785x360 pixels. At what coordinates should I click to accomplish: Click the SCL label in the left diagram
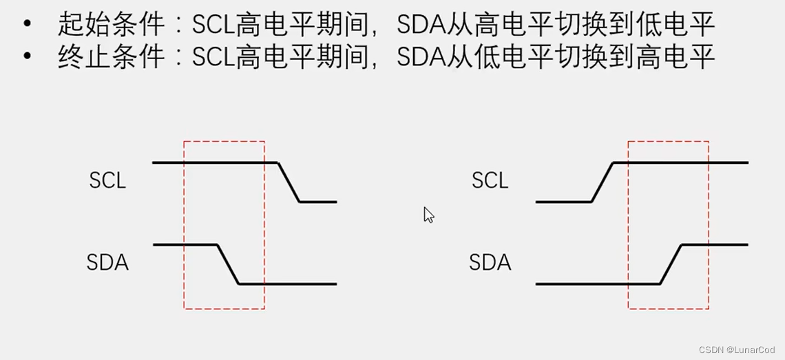107,180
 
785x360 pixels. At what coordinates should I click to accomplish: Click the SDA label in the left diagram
107,262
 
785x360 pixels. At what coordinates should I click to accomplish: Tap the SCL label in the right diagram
490,180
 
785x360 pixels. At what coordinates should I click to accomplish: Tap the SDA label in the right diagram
490,262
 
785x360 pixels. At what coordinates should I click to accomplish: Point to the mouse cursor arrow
428,215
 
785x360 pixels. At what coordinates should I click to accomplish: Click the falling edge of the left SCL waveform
289,182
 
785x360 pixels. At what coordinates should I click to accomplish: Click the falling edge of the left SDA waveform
228,264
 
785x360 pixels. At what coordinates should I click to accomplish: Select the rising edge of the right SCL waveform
603,182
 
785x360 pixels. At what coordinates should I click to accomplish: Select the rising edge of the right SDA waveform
671,264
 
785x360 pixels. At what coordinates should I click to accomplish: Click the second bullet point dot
28,56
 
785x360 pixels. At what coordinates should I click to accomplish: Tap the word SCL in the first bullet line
213,25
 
